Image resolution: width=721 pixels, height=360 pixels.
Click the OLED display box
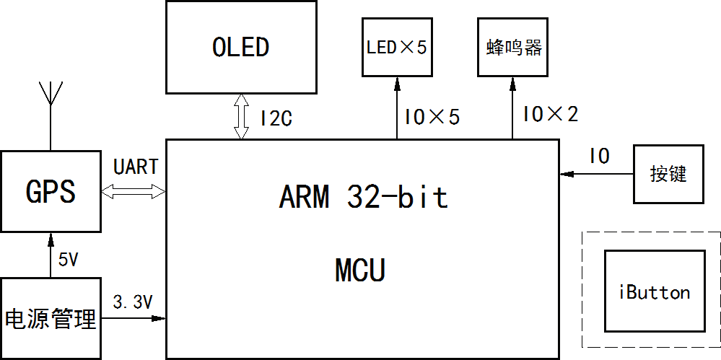point(241,47)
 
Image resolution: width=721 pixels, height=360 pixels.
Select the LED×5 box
point(397,48)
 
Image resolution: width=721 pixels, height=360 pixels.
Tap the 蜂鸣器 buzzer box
point(513,48)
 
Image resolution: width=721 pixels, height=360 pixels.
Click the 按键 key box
point(668,174)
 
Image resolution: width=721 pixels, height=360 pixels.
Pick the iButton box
point(655,291)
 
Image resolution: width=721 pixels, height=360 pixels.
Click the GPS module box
point(51,192)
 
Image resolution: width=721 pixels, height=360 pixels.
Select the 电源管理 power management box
point(51,318)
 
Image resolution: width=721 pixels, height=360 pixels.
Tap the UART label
point(135,167)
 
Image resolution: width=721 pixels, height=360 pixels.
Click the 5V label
point(68,260)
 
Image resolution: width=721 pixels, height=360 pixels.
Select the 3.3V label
point(133,302)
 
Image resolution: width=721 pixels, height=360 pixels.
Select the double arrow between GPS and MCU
point(134,191)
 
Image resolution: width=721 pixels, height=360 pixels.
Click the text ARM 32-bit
point(363,197)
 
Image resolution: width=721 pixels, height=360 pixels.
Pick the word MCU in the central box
point(360,271)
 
